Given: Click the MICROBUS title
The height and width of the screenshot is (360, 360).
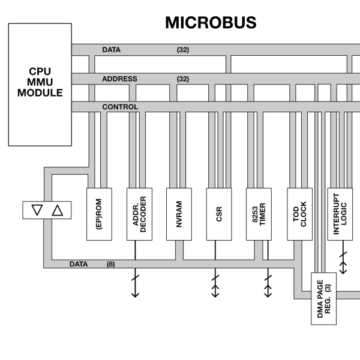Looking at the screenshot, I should click(x=211, y=23).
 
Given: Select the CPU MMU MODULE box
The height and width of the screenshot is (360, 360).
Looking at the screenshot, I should click(x=40, y=84).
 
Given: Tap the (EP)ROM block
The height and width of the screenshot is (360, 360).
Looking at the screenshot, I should click(x=100, y=214).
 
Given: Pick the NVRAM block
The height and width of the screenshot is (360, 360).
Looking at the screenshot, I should click(x=179, y=214).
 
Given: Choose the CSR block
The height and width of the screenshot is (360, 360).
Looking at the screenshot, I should click(x=218, y=214).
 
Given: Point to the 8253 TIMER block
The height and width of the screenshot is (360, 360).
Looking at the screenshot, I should click(x=259, y=214).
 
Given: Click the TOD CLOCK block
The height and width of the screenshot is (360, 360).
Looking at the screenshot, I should click(x=299, y=214).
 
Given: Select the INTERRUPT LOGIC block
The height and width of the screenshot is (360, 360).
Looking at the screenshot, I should click(x=340, y=214).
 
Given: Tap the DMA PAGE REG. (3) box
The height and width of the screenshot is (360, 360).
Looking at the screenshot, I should click(x=323, y=298).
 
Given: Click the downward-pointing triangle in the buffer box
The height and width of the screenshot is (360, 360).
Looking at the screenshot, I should click(x=37, y=210).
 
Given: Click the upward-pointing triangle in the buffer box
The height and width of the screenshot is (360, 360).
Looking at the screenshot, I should click(x=57, y=210).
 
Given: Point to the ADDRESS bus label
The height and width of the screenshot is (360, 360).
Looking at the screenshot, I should click(x=119, y=79).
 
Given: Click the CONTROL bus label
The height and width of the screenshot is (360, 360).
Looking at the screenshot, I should click(x=120, y=107).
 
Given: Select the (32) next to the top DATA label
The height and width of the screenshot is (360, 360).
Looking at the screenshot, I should click(x=183, y=50).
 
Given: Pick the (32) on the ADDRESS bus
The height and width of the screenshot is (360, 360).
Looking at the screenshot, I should click(x=183, y=79).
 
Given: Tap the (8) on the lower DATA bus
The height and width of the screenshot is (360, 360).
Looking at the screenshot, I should click(x=111, y=263).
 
